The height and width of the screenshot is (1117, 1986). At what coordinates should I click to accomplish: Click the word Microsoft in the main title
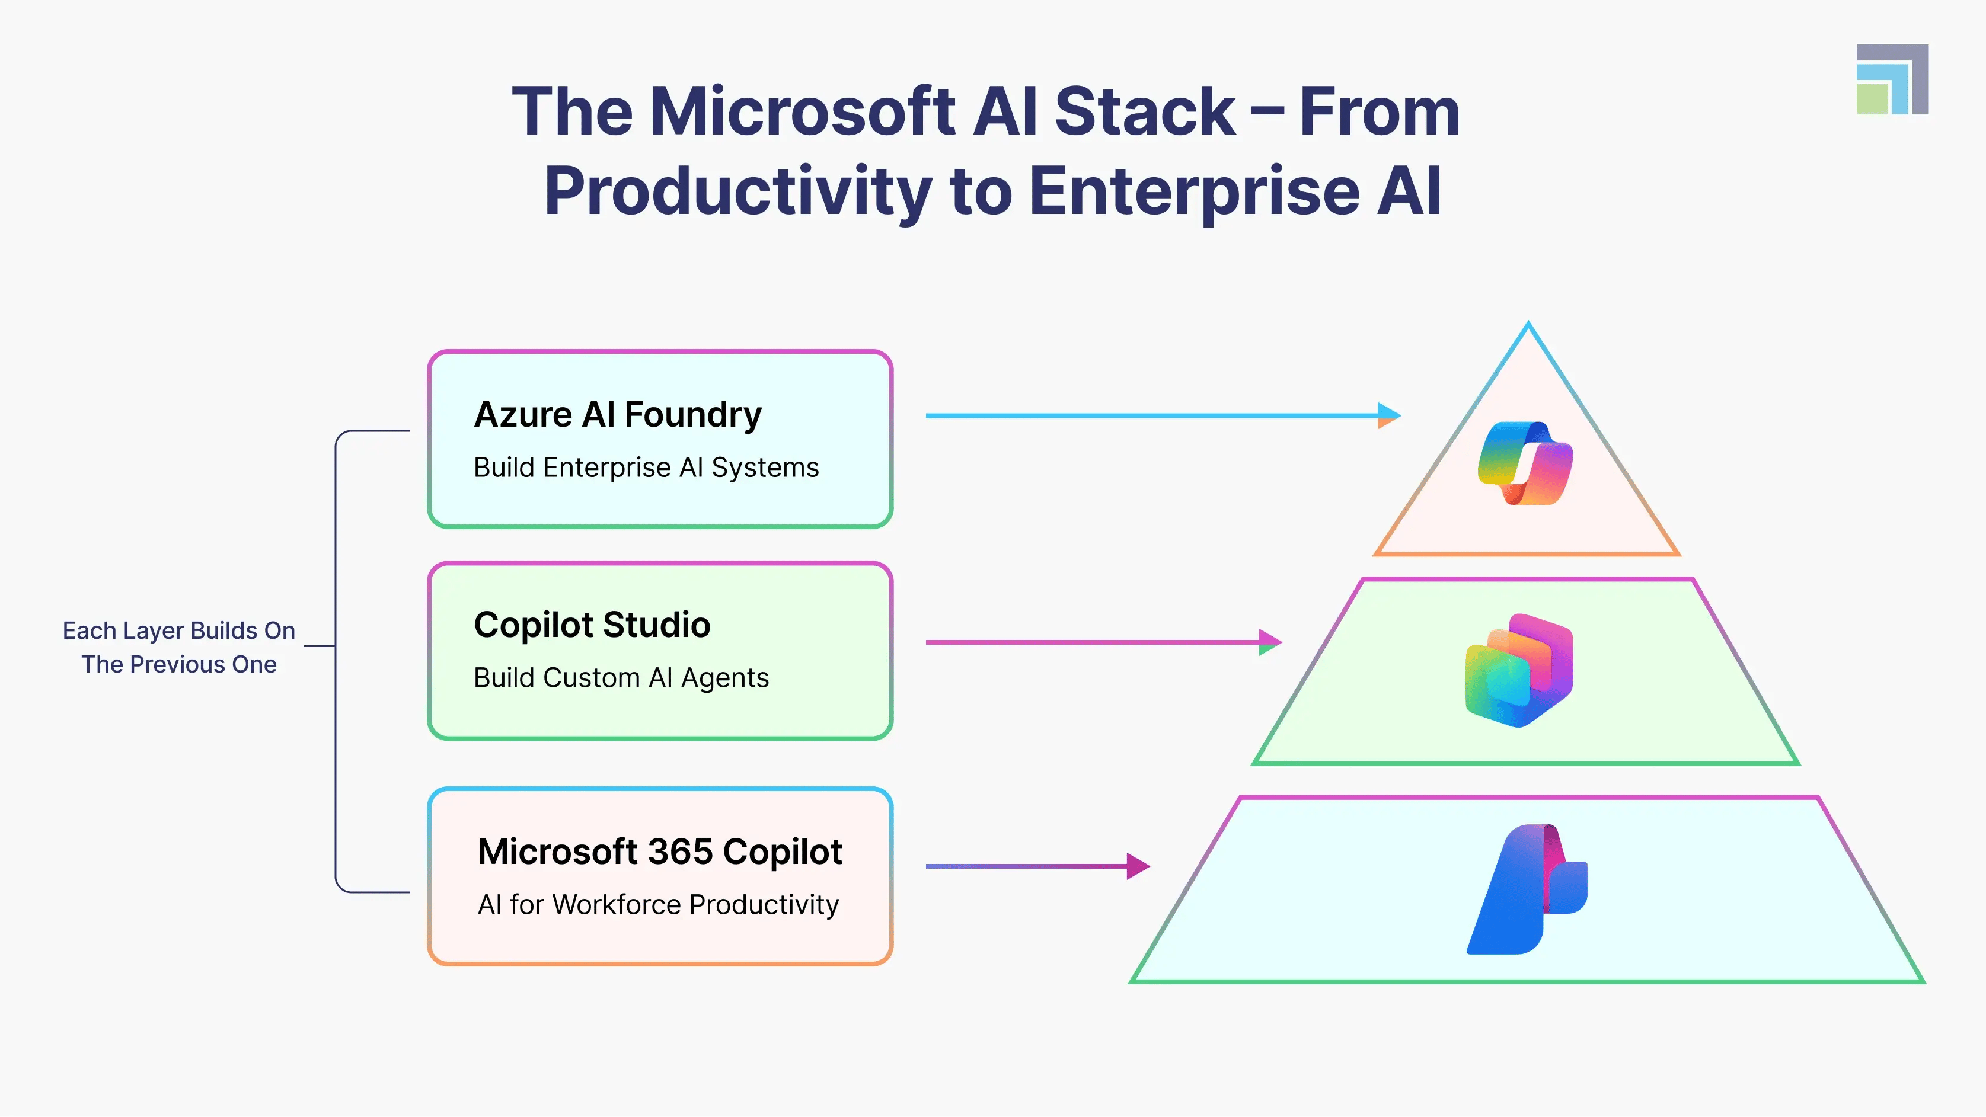pos(802,112)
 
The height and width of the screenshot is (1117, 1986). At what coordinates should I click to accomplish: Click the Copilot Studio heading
pos(591,625)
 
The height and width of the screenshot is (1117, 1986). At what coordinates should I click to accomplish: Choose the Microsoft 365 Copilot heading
pos(659,852)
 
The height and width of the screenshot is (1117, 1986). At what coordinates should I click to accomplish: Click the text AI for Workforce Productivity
pos(657,905)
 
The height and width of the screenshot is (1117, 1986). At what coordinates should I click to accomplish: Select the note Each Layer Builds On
pos(179,631)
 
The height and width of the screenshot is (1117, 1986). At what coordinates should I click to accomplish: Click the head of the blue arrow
pos(1388,415)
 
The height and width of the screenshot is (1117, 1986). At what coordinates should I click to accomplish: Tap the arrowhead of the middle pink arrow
pos(1269,641)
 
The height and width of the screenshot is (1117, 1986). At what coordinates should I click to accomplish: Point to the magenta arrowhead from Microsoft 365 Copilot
pos(1137,866)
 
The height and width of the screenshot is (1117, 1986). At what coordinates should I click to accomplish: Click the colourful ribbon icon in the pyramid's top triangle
pos(1525,463)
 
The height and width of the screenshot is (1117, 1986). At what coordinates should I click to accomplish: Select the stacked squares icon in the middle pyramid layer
pos(1519,670)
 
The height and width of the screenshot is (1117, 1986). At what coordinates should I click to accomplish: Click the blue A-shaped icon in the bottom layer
pos(1525,891)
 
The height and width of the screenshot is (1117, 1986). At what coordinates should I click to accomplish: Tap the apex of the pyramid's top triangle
pos(1528,325)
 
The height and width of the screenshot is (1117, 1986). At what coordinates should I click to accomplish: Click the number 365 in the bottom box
pos(680,852)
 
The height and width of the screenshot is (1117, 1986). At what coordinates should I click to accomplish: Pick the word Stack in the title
pos(1144,112)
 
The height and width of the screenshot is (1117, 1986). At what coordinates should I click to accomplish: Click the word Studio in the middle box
pos(656,625)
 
